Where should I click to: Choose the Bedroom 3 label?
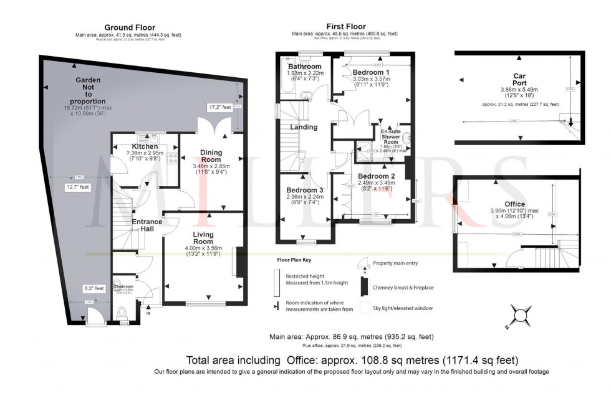305,190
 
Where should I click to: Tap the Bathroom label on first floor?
305,67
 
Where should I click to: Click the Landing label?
304,127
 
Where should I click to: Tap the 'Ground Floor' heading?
125,27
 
